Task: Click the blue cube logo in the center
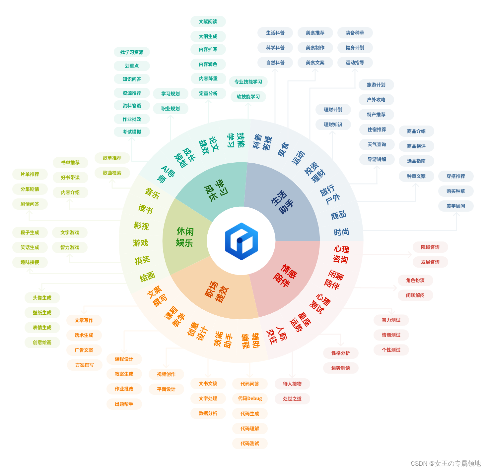241,241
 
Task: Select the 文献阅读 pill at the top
208,22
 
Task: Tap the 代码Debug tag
250,398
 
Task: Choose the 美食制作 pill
315,48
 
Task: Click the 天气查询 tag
377,144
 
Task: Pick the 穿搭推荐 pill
455,176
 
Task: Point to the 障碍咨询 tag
430,247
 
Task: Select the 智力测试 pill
391,320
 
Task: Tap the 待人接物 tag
292,384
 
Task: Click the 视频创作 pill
166,374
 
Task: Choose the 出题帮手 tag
124,404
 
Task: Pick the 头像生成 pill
42,298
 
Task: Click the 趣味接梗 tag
30,262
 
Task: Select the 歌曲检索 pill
112,173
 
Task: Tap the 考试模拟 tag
132,132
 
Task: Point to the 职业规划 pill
170,109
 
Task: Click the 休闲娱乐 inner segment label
184,237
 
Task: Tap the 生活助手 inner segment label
282,202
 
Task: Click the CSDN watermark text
445,463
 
